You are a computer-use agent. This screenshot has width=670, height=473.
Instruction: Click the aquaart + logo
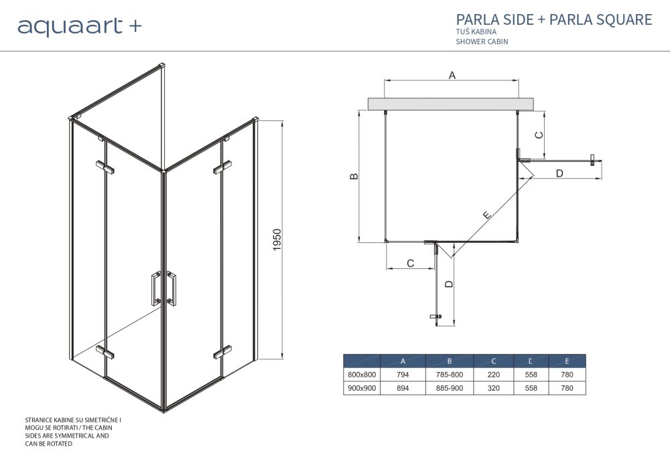(79, 26)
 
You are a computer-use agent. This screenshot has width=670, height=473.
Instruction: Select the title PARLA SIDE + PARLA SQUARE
(553, 19)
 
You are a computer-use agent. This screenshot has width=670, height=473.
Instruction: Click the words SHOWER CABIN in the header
(482, 41)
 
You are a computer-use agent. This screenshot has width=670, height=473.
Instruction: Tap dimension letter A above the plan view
(452, 76)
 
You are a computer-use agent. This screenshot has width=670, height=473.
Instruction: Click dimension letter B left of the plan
(354, 177)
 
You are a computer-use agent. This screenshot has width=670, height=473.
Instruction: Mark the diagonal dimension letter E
(486, 215)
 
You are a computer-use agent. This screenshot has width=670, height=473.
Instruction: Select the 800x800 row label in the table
(362, 375)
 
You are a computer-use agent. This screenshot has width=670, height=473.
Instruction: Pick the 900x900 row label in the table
(362, 388)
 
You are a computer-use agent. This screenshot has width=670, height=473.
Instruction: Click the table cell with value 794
(403, 375)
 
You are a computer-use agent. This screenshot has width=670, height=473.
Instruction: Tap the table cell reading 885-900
(449, 388)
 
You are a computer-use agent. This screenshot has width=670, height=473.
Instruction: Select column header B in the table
(449, 361)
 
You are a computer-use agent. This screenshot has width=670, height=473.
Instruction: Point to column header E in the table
(567, 361)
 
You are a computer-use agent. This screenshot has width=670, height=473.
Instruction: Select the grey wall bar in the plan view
(451, 103)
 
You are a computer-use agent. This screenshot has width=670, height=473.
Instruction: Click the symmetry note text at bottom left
(74, 432)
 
